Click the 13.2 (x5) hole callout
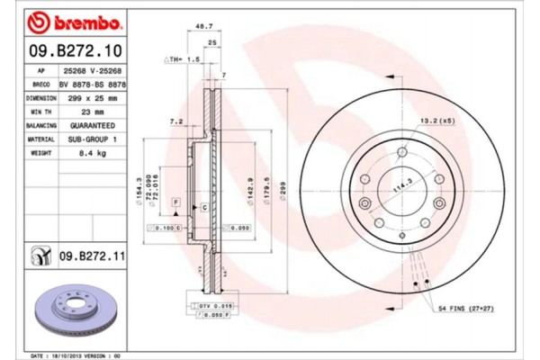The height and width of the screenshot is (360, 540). click(x=436, y=119)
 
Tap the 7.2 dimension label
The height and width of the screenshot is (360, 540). click(x=176, y=120)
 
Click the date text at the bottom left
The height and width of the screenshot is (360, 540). click(x=76, y=355)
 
